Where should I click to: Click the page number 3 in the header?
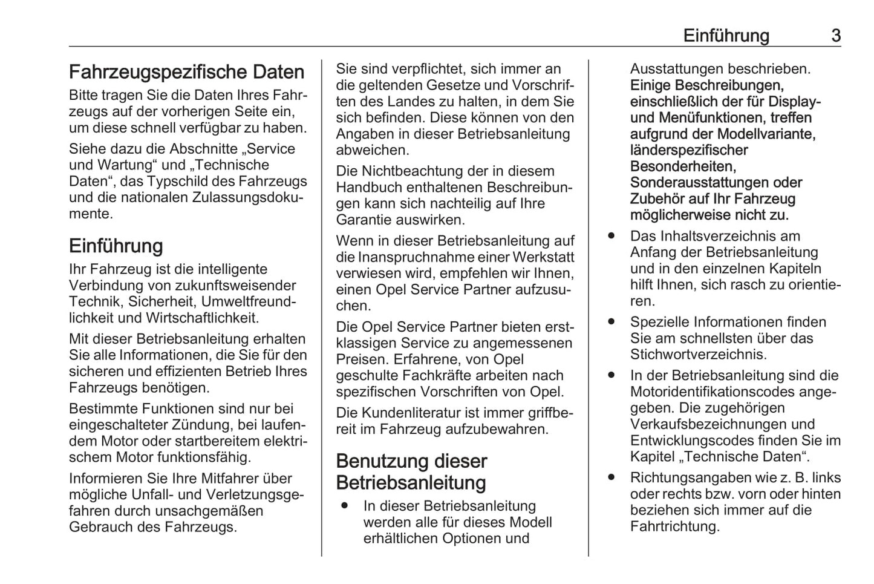835,36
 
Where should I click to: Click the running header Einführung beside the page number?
726,36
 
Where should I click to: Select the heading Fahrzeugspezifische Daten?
186,72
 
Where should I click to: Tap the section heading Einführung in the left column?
116,246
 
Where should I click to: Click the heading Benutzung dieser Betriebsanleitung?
411,472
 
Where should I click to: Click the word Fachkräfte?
448,376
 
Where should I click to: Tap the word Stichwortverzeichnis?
698,355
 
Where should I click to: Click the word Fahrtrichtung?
674,527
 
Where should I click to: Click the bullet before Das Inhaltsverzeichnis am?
611,235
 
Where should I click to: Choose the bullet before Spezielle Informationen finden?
611,321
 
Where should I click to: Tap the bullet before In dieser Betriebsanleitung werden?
345,505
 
